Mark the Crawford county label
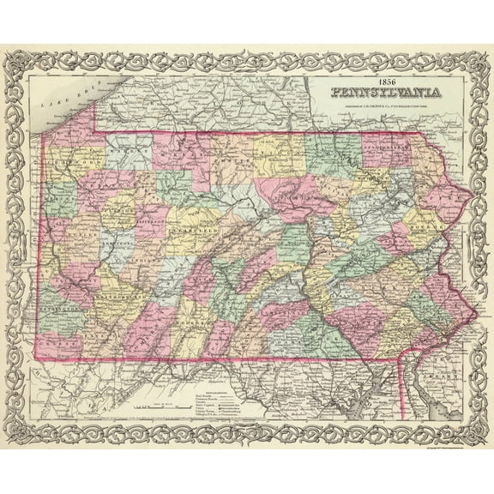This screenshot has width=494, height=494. pos(69,162)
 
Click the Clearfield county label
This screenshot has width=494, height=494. pos(188,232)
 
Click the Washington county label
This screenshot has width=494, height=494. pos(57,316)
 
